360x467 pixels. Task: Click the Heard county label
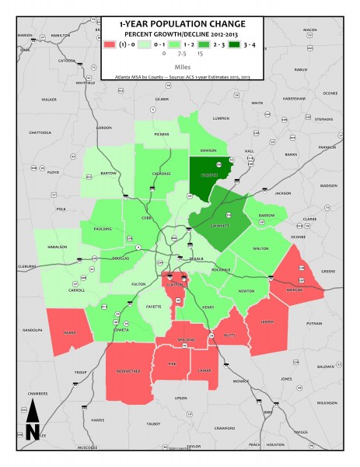[69, 332]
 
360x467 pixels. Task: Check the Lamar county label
[204, 371]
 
